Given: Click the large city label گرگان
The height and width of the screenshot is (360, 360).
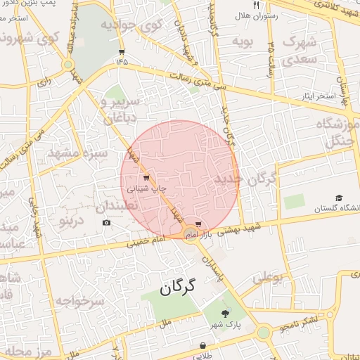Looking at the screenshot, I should (x=176, y=287).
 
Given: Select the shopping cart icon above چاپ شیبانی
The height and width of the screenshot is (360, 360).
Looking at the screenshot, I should (x=146, y=177).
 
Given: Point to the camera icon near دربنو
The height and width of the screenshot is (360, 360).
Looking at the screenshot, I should (x=106, y=223).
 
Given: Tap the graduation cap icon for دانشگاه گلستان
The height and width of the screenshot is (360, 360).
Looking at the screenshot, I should (x=338, y=199).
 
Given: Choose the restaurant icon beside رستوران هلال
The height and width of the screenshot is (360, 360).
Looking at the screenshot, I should (x=256, y=5).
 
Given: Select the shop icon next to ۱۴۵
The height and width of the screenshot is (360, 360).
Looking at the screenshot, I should (x=122, y=52).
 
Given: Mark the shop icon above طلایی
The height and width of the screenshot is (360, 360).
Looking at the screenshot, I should (x=203, y=345).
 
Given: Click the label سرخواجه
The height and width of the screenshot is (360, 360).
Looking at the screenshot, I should (x=80, y=302).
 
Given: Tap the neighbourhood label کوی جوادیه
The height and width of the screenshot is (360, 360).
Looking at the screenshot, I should (x=141, y=25).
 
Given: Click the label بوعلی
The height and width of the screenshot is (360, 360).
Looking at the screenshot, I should (x=266, y=278).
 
